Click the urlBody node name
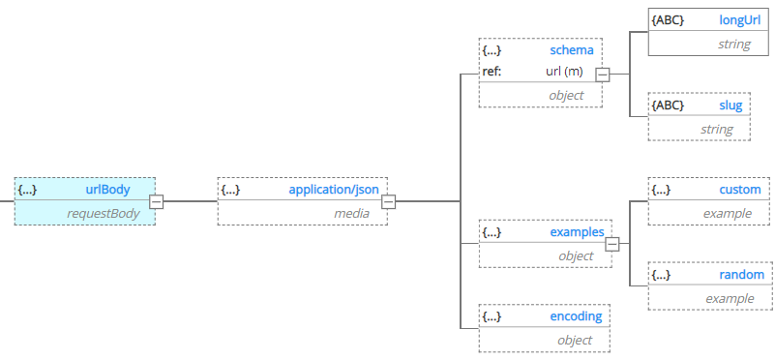(107, 190)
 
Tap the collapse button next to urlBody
(156, 201)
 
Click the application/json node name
(334, 190)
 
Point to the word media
(353, 213)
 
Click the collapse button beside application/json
(388, 201)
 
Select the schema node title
(573, 49)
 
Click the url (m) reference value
(565, 72)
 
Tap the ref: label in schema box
(492, 72)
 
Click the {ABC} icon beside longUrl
(669, 19)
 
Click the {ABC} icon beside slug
(669, 105)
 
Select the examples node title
(577, 232)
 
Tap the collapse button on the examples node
(611, 244)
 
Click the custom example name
(740, 190)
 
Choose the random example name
(742, 275)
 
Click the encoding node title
(576, 316)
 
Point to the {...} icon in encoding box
(492, 316)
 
